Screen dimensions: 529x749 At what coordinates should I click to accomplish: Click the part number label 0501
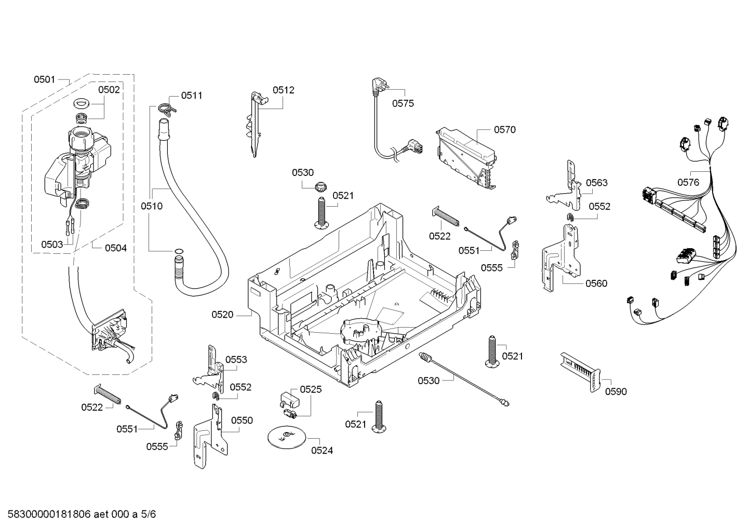(x=44, y=79)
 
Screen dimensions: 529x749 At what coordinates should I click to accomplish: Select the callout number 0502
(x=109, y=89)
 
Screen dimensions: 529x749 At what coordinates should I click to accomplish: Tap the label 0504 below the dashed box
(x=115, y=248)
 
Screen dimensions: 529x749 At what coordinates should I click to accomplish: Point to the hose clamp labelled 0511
(x=166, y=108)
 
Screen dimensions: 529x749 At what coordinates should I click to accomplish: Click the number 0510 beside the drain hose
(x=151, y=206)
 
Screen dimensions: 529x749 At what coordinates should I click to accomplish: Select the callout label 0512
(x=283, y=90)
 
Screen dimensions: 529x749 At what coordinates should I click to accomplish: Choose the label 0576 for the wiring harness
(x=688, y=182)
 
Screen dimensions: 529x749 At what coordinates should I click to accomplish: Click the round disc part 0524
(x=285, y=437)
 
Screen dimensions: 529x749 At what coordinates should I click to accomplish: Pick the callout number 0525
(x=311, y=389)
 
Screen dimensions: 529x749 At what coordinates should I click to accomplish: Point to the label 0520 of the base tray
(x=222, y=315)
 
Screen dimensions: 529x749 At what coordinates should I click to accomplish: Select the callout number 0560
(x=596, y=283)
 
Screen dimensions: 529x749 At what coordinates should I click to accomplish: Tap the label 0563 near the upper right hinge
(x=596, y=183)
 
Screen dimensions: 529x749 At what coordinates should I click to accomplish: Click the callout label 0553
(x=236, y=360)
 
